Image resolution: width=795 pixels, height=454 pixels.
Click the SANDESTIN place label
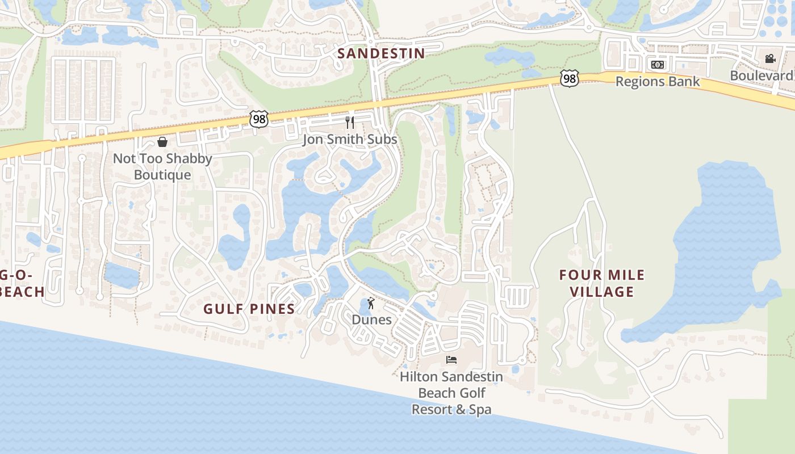point(381,53)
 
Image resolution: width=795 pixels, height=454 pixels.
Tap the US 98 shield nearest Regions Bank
point(569,78)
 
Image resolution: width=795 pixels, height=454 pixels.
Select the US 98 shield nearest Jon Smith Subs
point(258,119)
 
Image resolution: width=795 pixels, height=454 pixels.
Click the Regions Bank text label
point(658,82)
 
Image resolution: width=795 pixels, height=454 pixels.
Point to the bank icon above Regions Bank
point(658,65)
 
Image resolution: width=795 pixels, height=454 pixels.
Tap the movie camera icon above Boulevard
point(770,58)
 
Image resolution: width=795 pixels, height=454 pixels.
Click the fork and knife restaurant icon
point(350,122)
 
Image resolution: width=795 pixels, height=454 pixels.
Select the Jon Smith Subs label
point(350,139)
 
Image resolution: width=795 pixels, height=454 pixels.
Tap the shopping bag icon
point(162,141)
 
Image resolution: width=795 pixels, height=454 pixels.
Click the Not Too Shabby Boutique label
point(162,166)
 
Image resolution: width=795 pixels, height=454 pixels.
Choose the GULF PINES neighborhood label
point(249,309)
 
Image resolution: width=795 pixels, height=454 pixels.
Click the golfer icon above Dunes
point(371,303)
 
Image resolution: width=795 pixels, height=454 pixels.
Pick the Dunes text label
point(371,320)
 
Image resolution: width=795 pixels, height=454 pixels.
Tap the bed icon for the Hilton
point(451,359)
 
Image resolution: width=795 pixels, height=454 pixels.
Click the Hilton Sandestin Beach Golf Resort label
point(451,393)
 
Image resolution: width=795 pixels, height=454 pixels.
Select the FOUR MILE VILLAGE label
point(602,283)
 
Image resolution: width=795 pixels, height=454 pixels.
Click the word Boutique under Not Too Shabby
point(162,174)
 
